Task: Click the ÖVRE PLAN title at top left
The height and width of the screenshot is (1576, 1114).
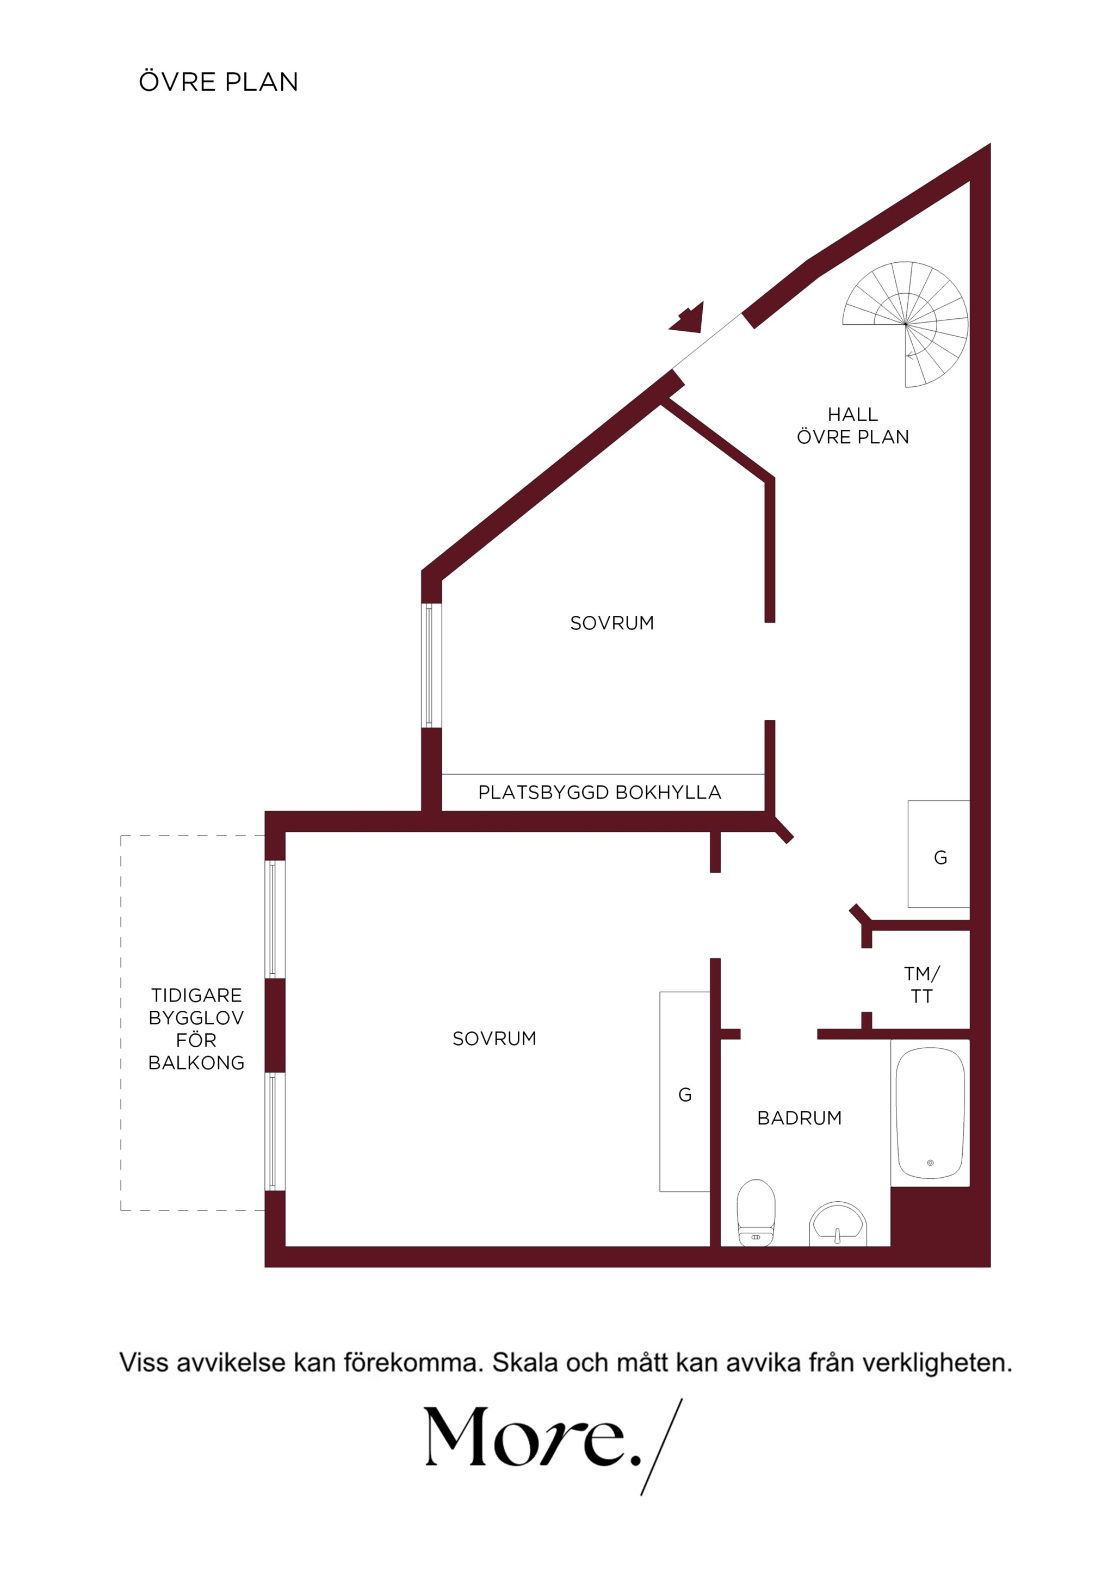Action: click(218, 82)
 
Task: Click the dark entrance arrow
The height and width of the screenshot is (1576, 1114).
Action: click(689, 318)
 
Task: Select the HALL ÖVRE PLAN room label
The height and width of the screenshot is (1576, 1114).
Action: click(852, 425)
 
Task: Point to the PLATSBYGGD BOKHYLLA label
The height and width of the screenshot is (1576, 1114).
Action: click(599, 792)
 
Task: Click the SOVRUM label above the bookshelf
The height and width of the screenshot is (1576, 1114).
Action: click(611, 623)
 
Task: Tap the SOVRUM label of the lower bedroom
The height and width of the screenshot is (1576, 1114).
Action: click(494, 1039)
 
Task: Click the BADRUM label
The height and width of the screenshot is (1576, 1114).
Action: click(799, 1118)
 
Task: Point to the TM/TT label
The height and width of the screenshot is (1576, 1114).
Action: click(921, 984)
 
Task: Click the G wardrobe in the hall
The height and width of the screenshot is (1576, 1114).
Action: click(939, 854)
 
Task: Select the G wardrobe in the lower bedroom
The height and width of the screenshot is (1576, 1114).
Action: click(684, 1091)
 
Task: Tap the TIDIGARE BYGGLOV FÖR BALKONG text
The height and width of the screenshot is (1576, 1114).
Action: click(196, 1028)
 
